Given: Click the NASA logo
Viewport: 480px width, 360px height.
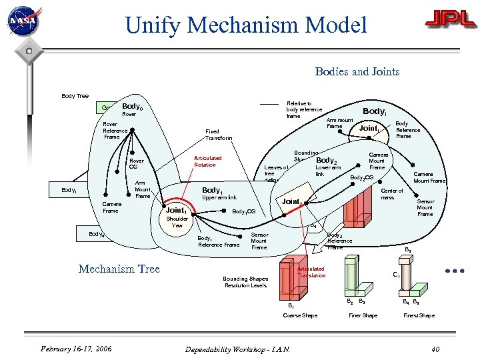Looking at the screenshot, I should coord(24,21).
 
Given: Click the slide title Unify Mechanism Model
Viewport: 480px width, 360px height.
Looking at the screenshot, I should coord(246,25).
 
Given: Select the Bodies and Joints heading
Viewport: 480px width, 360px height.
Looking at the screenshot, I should coord(357,71).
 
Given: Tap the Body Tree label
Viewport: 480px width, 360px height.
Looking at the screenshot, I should coord(75,96).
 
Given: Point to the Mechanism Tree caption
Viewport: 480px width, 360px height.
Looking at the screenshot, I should coord(119,269).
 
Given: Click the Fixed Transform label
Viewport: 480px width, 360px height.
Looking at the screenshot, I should coord(219,135).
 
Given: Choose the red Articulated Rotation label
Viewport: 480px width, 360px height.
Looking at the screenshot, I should coord(207,161).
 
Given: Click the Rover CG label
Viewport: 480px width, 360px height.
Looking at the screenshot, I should coord(136,163).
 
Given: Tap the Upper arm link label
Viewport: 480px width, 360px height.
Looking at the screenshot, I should coord(219,198).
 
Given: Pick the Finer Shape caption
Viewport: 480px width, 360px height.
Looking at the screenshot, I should coord(363,315).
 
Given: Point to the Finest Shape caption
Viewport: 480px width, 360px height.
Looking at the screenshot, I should coord(419,315).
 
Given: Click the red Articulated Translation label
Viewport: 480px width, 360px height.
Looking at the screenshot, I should coord(311,272).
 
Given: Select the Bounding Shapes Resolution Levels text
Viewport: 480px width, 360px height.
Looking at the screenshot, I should coord(245,282).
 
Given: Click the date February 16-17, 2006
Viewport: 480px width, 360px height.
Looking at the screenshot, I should coord(75,349).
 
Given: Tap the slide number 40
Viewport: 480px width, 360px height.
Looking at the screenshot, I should coord(435,349).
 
